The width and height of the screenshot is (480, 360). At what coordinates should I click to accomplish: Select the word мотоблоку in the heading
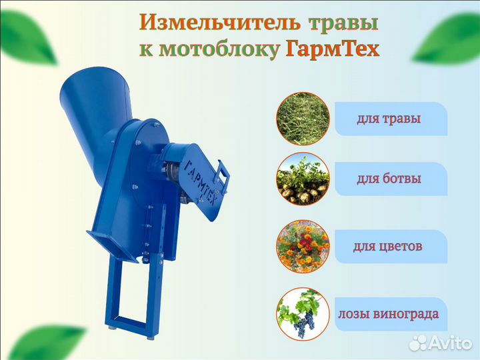(x=218, y=49)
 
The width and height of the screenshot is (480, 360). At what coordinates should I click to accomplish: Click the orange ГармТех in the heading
(x=333, y=49)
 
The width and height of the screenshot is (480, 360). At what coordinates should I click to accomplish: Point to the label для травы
(x=389, y=119)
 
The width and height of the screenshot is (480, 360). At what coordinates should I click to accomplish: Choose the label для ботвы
(x=389, y=179)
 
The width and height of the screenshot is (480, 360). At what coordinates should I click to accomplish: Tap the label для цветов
(x=388, y=246)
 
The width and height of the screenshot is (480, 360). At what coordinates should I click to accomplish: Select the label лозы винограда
(x=389, y=314)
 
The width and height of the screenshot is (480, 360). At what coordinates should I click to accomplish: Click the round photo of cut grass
(x=303, y=119)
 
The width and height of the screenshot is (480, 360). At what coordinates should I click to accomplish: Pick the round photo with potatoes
(x=303, y=179)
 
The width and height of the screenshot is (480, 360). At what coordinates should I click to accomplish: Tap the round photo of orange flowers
(x=303, y=247)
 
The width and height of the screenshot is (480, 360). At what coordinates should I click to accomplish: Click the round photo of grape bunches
(x=303, y=314)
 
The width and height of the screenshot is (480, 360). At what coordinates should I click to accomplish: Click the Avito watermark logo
(x=441, y=343)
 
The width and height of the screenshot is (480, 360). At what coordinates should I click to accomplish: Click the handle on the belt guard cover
(x=223, y=175)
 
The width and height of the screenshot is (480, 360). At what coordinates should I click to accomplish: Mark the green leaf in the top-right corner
(x=447, y=38)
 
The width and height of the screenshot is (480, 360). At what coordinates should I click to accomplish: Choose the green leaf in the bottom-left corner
(x=46, y=343)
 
